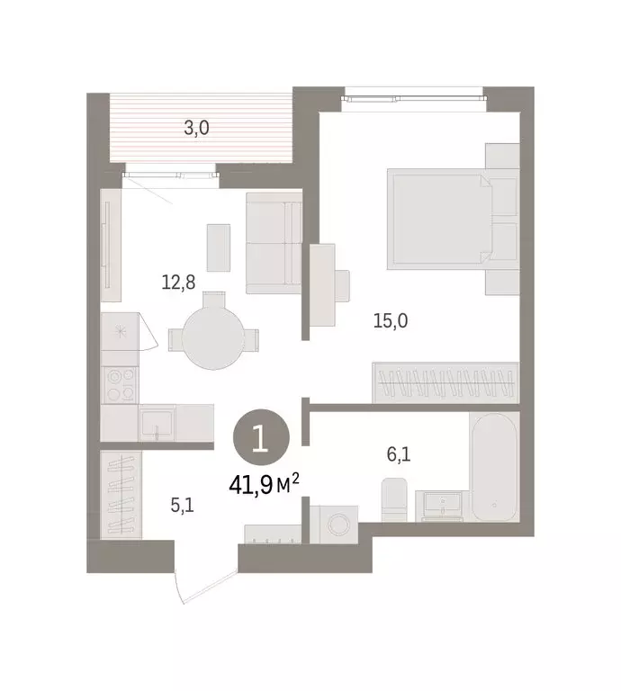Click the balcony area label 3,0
[x=196, y=128]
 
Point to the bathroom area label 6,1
[x=399, y=455]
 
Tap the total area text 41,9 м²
[x=263, y=486]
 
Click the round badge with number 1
[x=260, y=440]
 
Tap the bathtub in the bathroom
[x=494, y=469]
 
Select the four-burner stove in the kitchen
[x=120, y=384]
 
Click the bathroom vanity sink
[x=438, y=506]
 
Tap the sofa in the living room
[x=274, y=242]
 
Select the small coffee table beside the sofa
[x=218, y=247]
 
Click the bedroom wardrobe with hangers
[x=446, y=382]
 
